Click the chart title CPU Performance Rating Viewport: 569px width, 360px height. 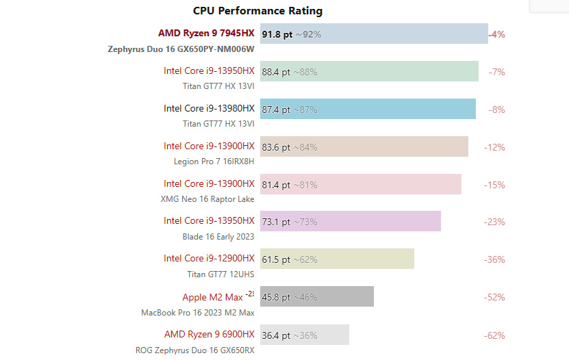pos(257,11)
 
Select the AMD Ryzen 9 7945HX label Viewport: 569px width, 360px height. pos(206,33)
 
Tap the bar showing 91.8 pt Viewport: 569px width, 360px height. pos(374,34)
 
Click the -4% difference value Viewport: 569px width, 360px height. pos(496,34)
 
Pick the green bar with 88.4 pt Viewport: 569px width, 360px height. pos(369,71)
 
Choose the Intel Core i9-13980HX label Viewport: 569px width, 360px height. pos(209,108)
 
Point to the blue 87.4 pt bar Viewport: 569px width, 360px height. pos(368,109)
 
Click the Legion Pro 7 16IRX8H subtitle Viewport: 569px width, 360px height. pos(214,162)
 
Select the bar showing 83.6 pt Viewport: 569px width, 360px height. pos(364,146)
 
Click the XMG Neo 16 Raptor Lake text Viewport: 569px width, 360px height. pos(207,199)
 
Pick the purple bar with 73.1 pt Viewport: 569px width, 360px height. pos(351,222)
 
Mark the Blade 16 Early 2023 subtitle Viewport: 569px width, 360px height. pos(219,237)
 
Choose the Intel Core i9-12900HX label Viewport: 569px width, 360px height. pos(209,258)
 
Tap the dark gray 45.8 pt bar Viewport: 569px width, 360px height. pos(317,297)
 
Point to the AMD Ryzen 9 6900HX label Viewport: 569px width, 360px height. pos(209,334)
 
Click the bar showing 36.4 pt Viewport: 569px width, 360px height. pos(305,335)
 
